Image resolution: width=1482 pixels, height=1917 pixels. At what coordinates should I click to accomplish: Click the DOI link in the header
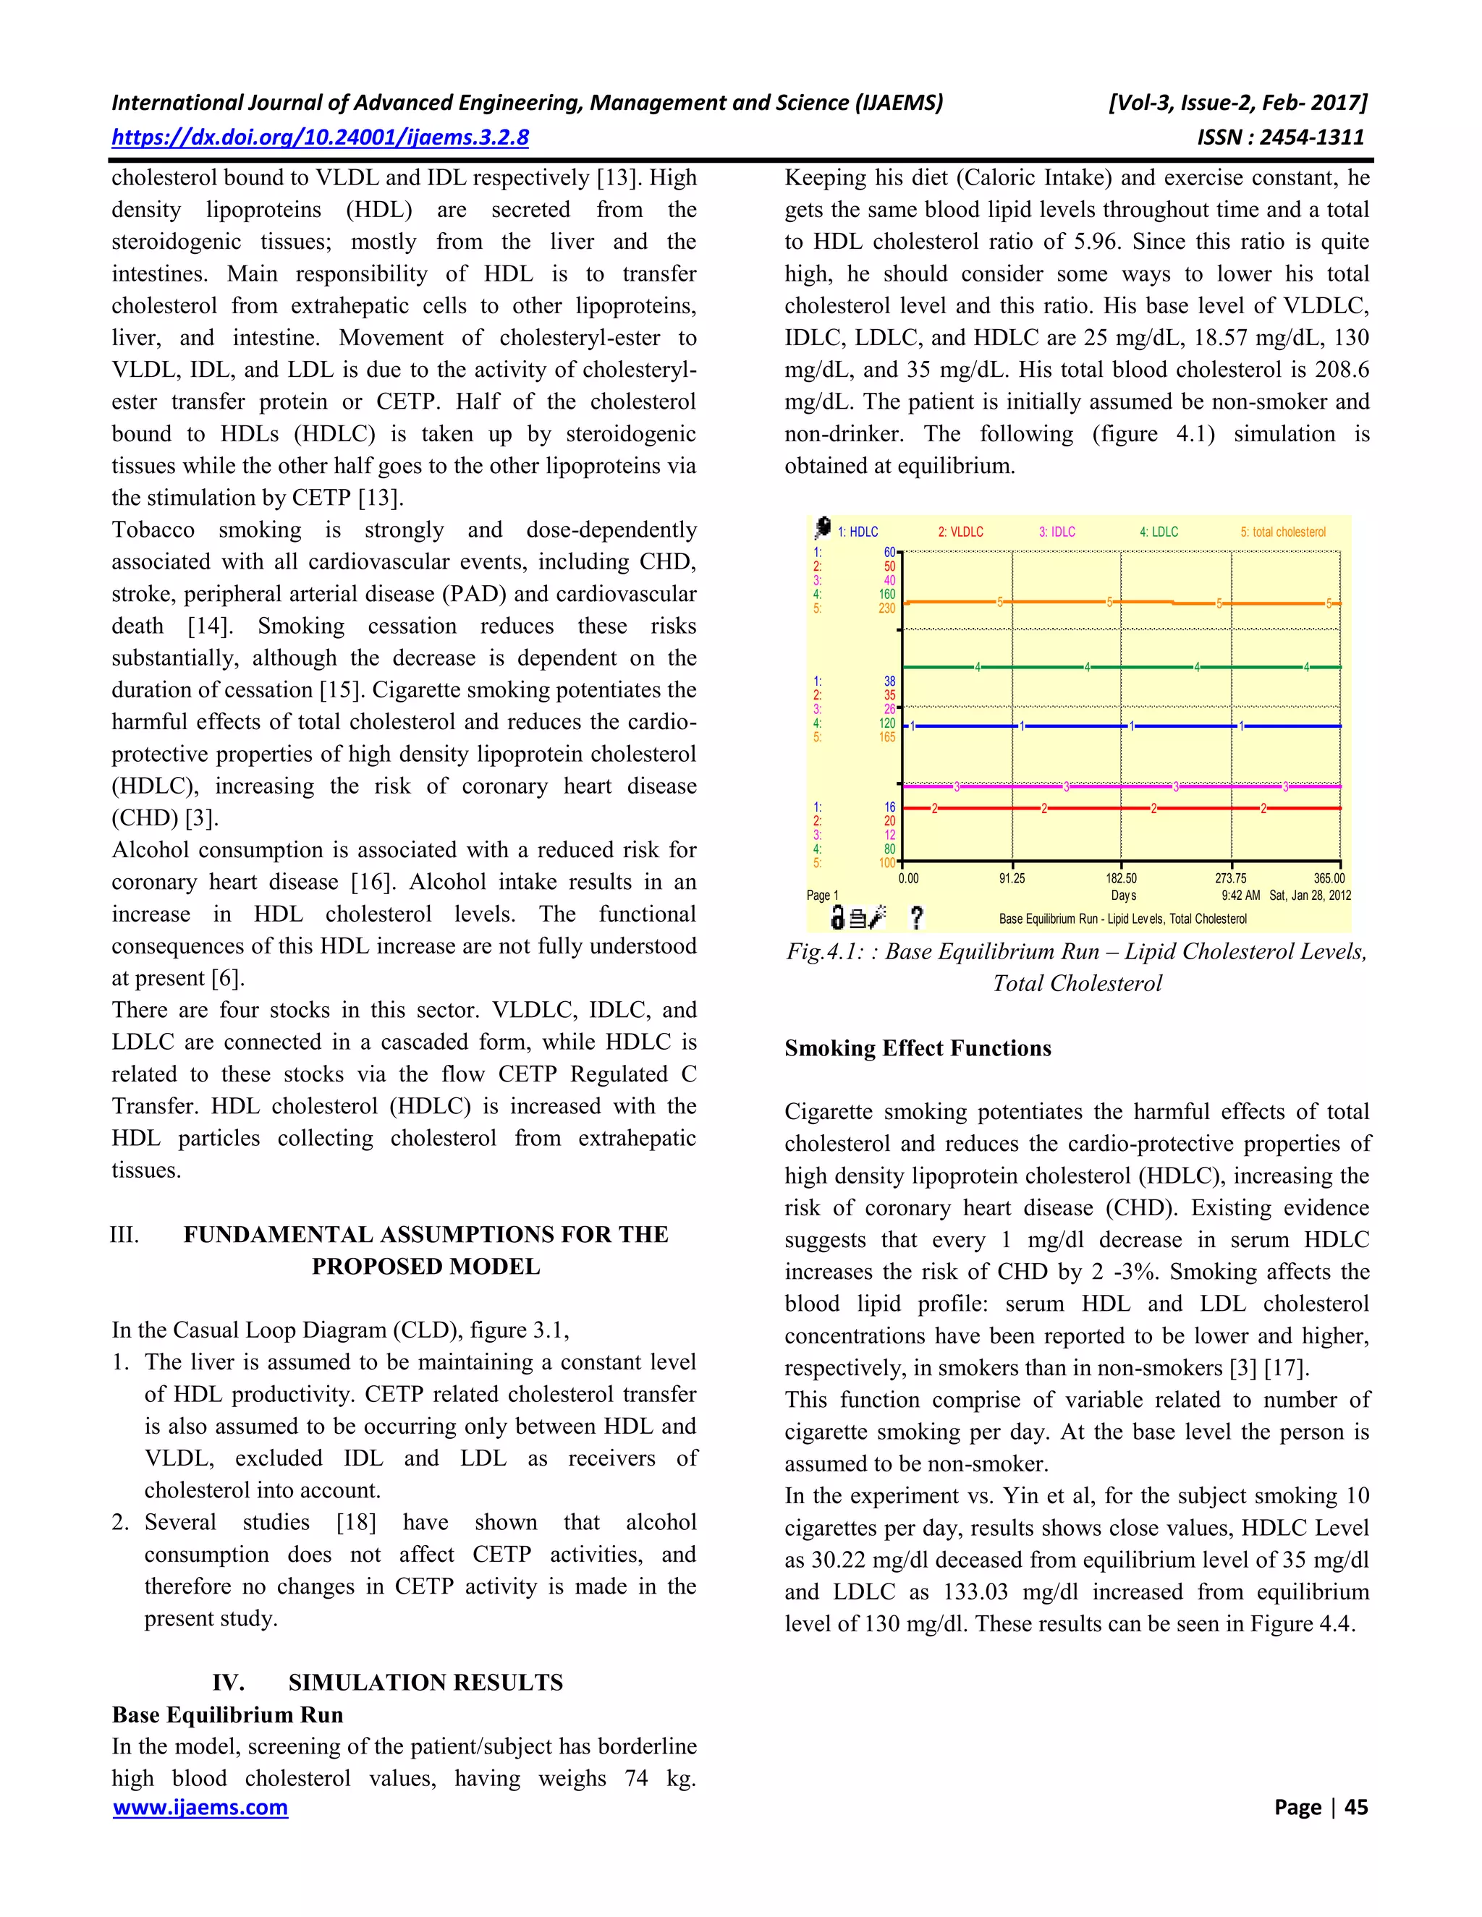point(320,137)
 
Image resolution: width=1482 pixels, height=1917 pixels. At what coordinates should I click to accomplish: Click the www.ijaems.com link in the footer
point(200,1806)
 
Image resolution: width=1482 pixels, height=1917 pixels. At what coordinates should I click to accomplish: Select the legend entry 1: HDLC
point(857,532)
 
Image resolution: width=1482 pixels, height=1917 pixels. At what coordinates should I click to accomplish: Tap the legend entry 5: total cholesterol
point(1283,532)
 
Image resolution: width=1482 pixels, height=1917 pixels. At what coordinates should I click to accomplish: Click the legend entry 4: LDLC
point(1159,532)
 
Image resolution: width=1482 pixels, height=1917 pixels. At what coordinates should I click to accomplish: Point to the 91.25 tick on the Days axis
point(1012,877)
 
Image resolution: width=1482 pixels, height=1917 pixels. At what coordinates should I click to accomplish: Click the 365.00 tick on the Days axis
point(1329,877)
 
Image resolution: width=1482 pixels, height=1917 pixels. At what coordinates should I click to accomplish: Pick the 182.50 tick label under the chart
point(1121,877)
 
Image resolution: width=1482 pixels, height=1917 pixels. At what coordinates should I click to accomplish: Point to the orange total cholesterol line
point(1054,602)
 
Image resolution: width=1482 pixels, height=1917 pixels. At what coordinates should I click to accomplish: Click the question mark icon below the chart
point(917,918)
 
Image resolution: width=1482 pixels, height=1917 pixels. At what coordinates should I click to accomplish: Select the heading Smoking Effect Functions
point(918,1048)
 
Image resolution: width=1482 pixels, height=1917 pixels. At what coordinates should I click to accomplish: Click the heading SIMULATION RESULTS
point(425,1683)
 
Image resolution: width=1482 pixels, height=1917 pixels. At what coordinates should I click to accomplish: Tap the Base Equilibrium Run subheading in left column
point(227,1715)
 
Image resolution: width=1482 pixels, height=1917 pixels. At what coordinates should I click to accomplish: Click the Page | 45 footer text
point(1321,1806)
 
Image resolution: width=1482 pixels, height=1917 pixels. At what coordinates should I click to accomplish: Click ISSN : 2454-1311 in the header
point(1280,137)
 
